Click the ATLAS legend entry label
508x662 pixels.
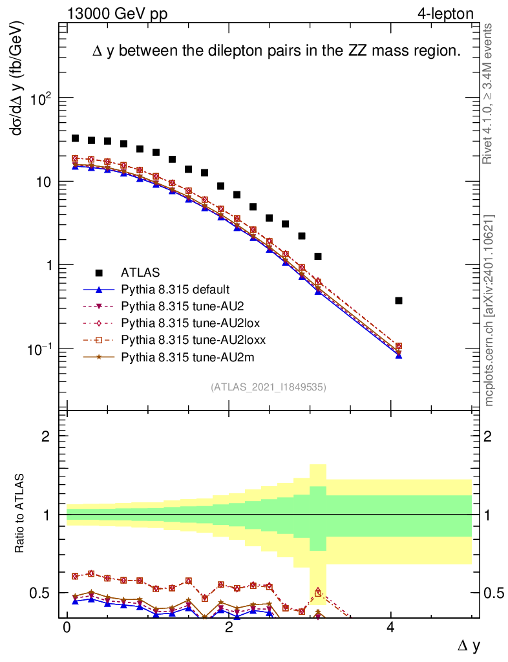[140, 272]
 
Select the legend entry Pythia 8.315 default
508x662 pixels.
[175, 289]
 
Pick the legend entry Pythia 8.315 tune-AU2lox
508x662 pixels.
[182, 323]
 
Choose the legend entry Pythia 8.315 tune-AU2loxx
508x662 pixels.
[184, 339]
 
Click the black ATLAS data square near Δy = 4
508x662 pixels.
[399, 301]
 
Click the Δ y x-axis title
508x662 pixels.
[469, 645]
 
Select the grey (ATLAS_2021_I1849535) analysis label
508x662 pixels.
[268, 388]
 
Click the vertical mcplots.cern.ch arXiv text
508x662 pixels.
[490, 310]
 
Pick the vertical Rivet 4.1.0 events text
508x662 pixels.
[490, 94]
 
